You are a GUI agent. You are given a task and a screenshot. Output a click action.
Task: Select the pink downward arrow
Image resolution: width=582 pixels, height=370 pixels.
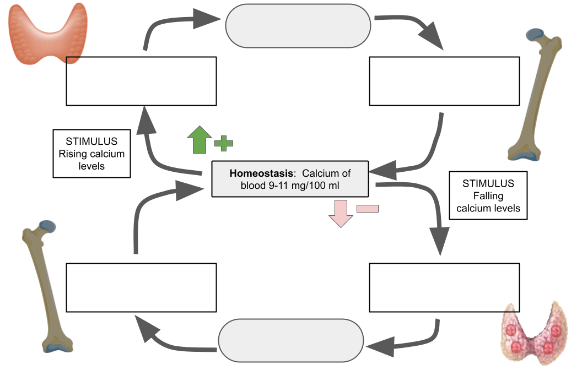[x=341, y=213]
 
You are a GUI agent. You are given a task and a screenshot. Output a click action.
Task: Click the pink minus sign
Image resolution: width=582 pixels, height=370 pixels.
[x=368, y=208]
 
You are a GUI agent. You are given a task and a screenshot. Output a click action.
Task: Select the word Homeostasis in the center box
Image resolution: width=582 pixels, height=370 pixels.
[x=261, y=173]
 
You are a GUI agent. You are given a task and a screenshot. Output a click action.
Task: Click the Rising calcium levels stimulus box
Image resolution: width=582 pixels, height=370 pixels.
[x=91, y=154]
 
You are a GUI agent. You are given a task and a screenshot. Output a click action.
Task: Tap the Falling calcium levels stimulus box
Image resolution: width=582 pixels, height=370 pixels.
[x=488, y=195]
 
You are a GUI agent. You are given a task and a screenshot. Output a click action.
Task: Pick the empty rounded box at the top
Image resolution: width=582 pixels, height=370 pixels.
[x=298, y=25]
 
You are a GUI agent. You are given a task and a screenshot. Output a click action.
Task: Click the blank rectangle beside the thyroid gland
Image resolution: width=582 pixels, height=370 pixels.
[x=141, y=81]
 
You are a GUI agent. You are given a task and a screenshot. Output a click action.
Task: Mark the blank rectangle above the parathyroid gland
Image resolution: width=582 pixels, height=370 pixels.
[x=444, y=287]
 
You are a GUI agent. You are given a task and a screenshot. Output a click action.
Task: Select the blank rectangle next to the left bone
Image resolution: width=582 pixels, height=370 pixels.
[x=141, y=287]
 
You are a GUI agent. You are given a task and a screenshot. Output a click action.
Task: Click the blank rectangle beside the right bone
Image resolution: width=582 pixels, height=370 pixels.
[x=444, y=81]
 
